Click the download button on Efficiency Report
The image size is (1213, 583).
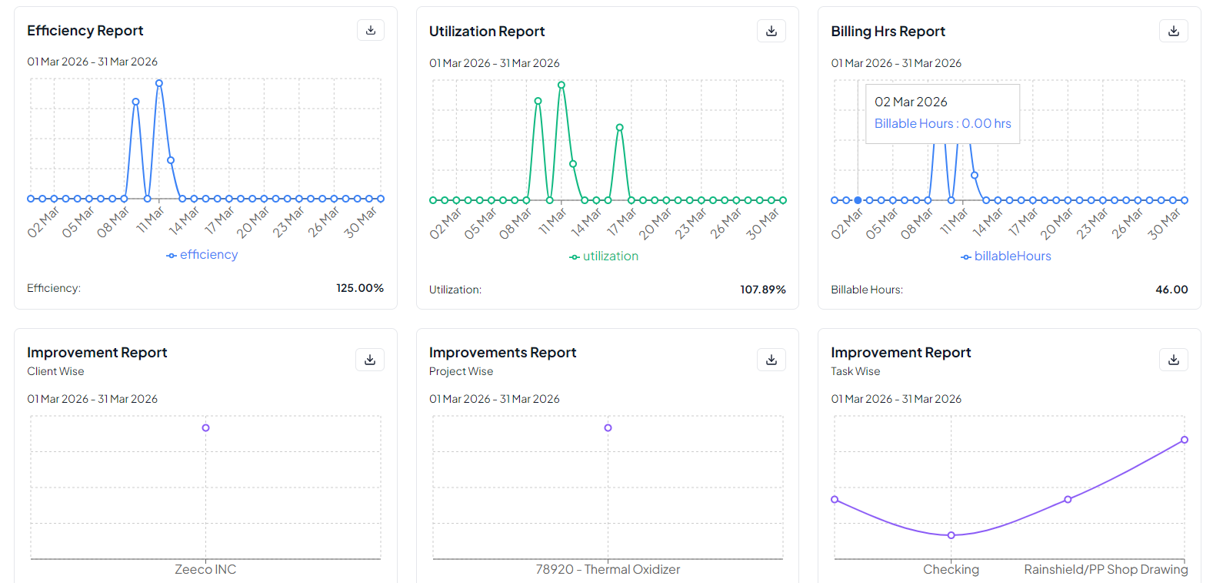(371, 30)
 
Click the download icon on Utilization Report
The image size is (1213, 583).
(771, 32)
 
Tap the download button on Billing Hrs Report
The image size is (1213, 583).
(1173, 32)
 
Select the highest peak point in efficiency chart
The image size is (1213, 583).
(159, 83)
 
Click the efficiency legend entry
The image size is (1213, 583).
(202, 255)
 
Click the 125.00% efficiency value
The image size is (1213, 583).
(359, 288)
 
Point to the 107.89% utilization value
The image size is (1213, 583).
(762, 290)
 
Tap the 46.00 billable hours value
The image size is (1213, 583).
(1171, 290)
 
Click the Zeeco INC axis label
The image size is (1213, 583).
(205, 569)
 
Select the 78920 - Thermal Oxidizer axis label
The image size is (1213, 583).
(608, 569)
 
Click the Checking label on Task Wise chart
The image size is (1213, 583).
(951, 569)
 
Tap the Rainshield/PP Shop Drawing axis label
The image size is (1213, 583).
(1105, 569)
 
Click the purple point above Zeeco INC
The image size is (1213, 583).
(205, 427)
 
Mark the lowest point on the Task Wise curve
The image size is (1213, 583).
(951, 535)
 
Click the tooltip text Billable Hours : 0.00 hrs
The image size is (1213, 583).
(942, 123)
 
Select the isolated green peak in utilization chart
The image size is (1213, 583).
(619, 128)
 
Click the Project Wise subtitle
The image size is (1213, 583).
(461, 371)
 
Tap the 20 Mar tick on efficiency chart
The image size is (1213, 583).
(253, 221)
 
